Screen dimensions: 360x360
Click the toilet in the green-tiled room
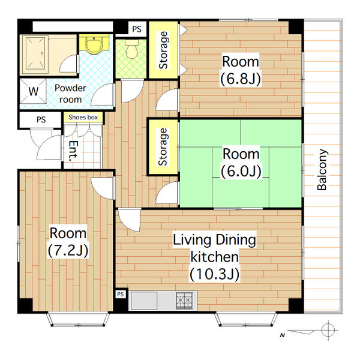pos(132,49)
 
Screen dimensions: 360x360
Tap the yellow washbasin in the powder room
pos(94,44)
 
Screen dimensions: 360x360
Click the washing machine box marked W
pos(33,91)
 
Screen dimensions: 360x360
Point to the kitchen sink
pos(144,301)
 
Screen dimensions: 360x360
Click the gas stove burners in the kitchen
pos(184,301)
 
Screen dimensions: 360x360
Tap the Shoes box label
pos(83,118)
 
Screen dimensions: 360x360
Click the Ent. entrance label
pos(73,151)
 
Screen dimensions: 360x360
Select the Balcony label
pos(322,170)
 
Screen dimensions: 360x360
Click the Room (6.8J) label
pos(241,70)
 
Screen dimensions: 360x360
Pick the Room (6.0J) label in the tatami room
pos(241,163)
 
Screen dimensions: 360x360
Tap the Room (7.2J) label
pos(68,242)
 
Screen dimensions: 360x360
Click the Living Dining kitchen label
pos(214,257)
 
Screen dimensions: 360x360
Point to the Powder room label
pos(70,94)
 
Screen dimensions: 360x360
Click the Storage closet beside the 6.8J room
pos(163,50)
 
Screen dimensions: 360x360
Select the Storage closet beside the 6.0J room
pos(163,147)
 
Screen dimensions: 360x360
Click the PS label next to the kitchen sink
pos(121,294)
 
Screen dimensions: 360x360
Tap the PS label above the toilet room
pos(137,29)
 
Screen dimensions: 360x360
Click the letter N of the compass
pos(282,335)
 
